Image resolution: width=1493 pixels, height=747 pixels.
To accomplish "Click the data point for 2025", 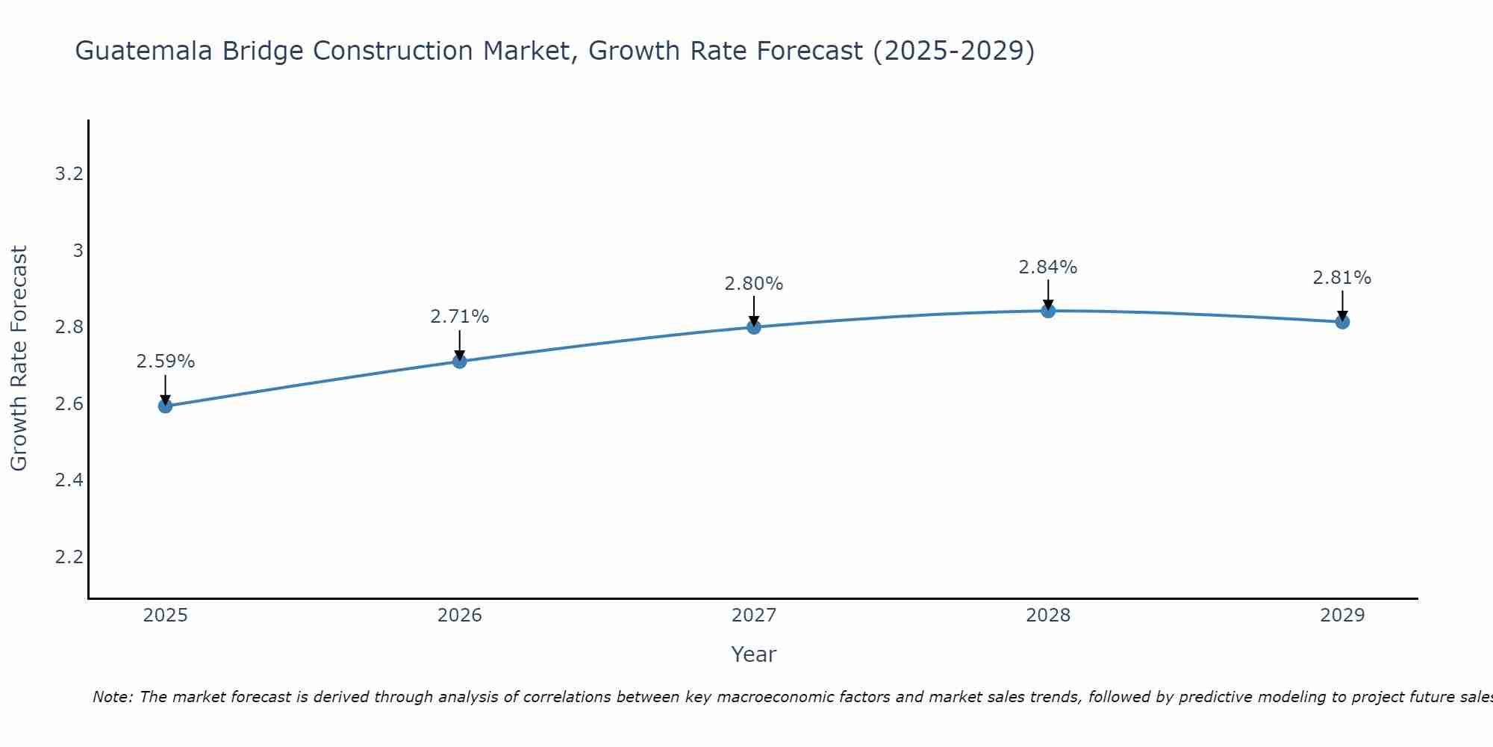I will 165,406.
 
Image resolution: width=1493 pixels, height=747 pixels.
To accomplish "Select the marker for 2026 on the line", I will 460,362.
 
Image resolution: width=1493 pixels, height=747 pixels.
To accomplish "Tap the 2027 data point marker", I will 754,326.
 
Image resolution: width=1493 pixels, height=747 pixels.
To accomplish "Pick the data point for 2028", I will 1048,311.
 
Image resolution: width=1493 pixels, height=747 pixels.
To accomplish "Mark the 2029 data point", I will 1342,322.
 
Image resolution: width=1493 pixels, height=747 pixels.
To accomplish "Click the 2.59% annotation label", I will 165,362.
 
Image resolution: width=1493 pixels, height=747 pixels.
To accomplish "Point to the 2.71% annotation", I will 460,317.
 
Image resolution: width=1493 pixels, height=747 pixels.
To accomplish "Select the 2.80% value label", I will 754,284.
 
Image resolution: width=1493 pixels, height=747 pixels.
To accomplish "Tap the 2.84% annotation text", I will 1048,267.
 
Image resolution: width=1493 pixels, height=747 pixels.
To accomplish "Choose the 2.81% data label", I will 1342,278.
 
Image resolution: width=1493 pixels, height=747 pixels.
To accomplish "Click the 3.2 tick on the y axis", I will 69,174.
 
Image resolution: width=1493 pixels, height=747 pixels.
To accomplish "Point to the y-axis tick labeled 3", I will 78,251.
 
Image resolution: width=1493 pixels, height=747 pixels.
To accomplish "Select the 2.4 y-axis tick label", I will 69,480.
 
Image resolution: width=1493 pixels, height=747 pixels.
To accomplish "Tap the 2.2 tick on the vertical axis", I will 69,557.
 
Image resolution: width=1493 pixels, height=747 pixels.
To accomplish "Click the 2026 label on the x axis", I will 460,616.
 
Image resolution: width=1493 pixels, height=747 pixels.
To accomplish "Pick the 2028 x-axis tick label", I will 1048,616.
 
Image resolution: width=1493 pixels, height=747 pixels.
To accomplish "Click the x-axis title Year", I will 754,654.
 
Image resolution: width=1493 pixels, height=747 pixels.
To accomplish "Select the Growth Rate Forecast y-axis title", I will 19,359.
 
